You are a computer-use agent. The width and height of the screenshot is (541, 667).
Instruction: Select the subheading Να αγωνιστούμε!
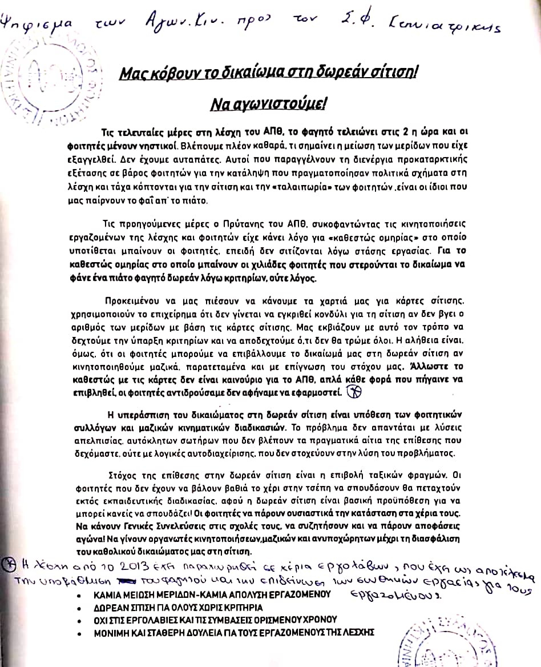[268, 105]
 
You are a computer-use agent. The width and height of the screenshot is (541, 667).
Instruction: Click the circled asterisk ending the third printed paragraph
[354, 392]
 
